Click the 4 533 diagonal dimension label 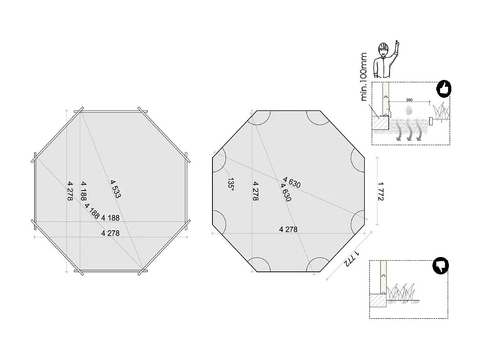(115, 189)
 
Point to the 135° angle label (231, 184)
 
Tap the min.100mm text (364, 77)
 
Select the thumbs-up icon (444, 89)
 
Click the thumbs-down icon (440, 266)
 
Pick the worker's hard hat (383, 47)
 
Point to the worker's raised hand (397, 44)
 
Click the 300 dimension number (409, 100)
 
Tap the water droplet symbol (408, 109)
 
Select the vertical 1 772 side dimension (381, 191)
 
